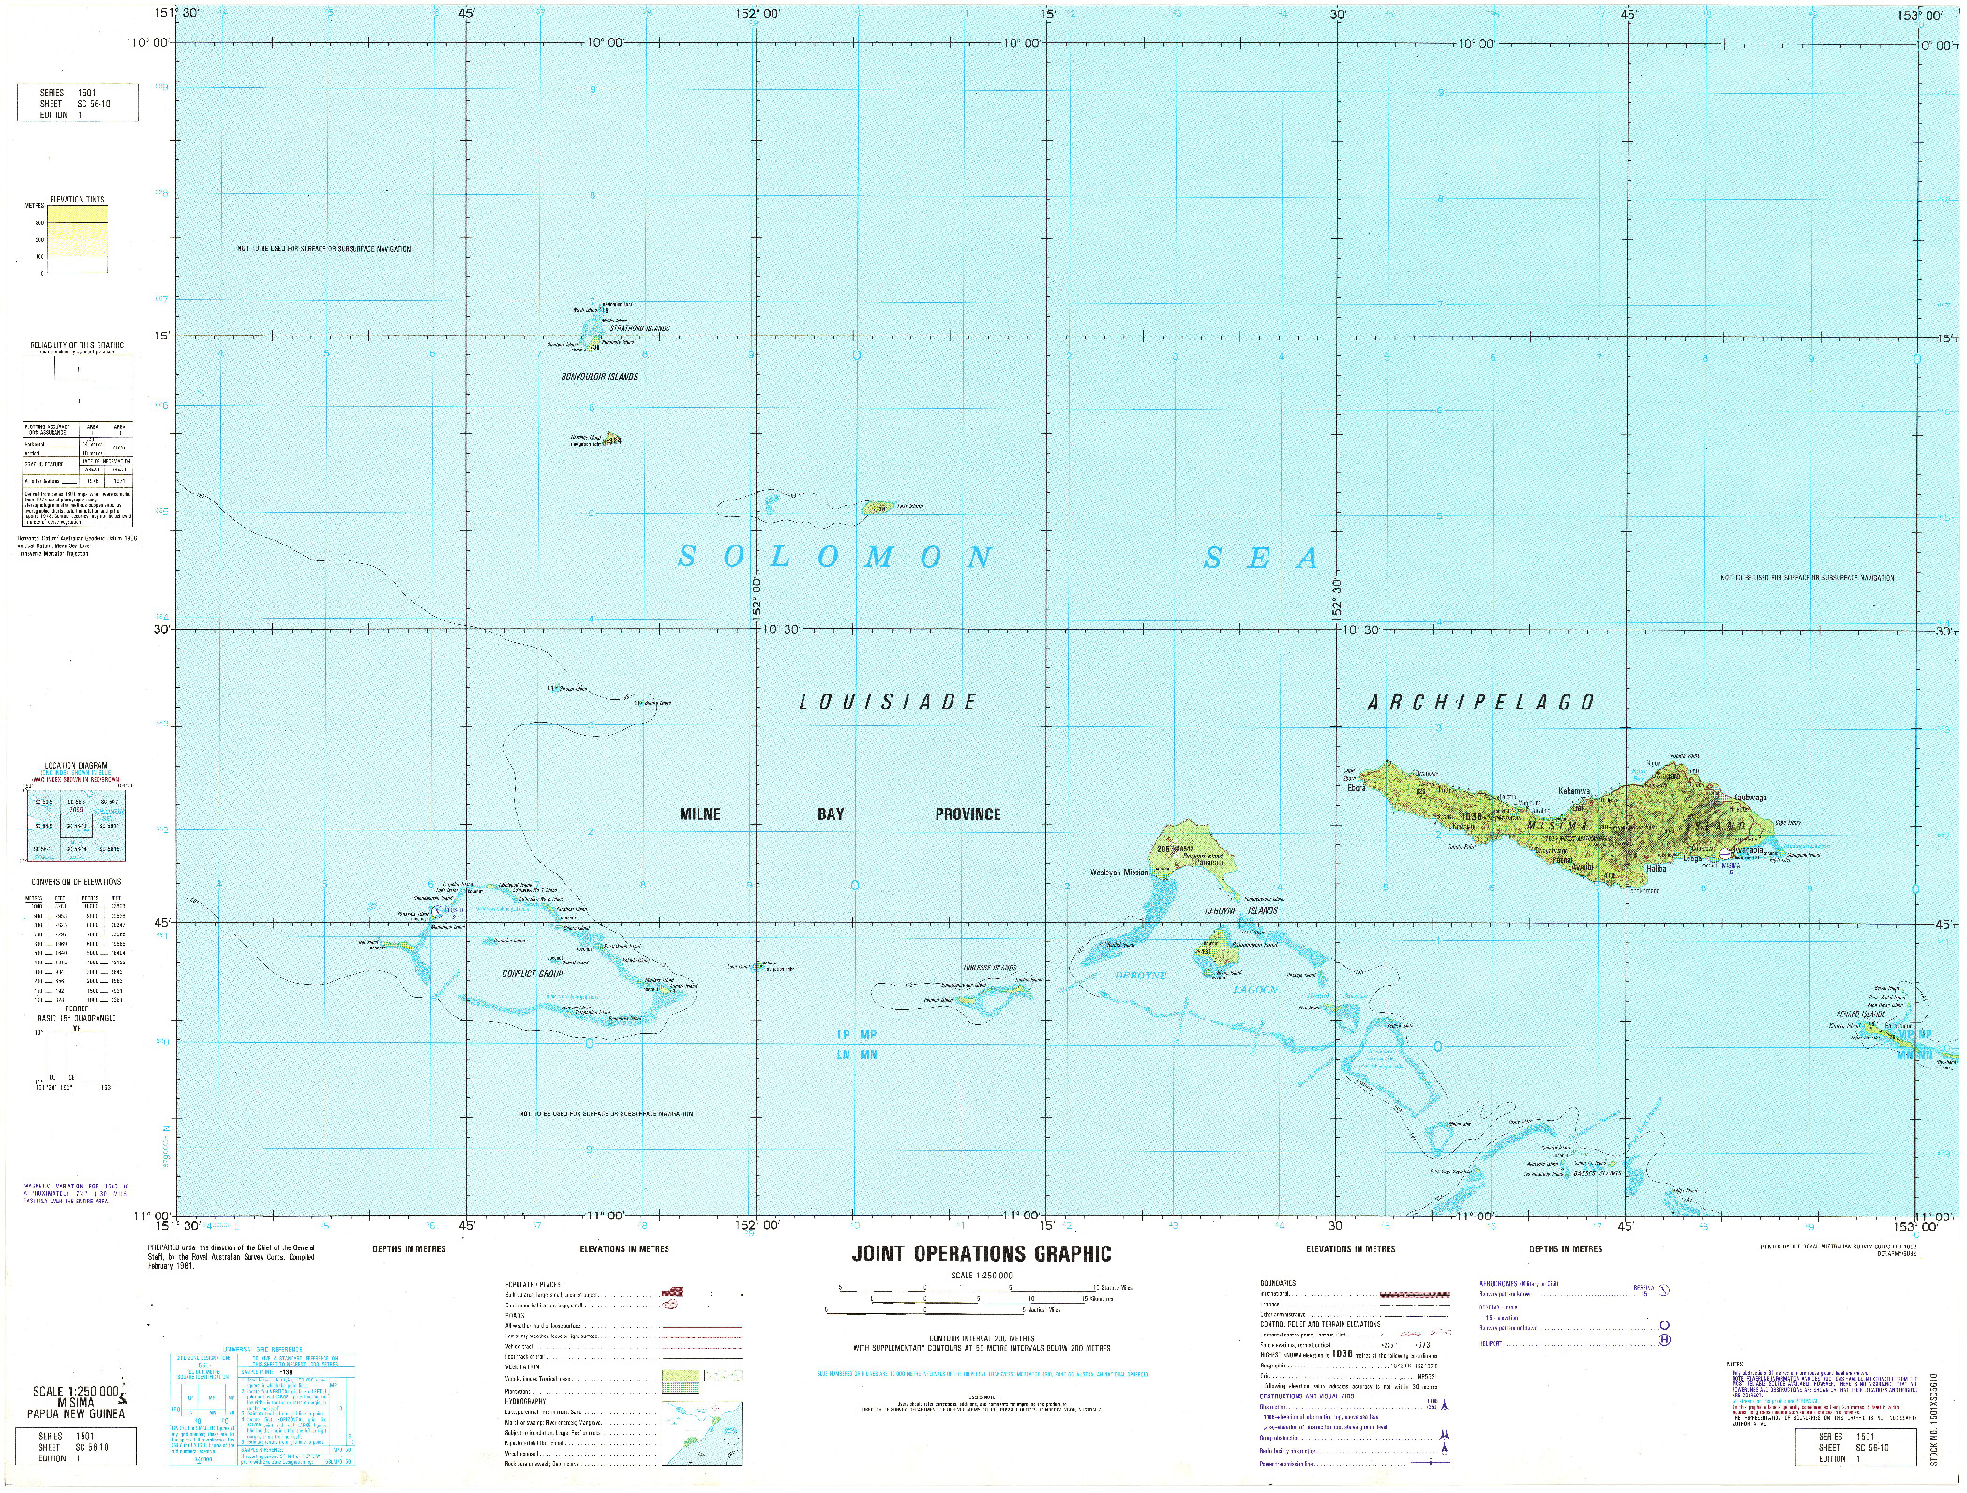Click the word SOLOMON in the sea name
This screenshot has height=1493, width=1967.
click(x=834, y=559)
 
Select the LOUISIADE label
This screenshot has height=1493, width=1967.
click(x=887, y=701)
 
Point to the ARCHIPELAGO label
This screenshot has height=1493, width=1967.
click(x=1480, y=702)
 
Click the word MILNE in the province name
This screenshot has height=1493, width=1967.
click(x=699, y=814)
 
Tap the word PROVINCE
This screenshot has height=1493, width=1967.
click(x=968, y=814)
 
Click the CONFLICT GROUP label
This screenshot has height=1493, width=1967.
click(x=531, y=974)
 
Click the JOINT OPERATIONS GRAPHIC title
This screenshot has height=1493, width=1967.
click(x=981, y=1254)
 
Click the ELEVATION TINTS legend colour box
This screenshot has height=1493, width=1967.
click(x=77, y=239)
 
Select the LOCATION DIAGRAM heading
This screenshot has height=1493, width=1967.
click(x=80, y=766)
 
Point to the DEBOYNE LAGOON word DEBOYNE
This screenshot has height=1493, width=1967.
click(x=1140, y=976)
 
